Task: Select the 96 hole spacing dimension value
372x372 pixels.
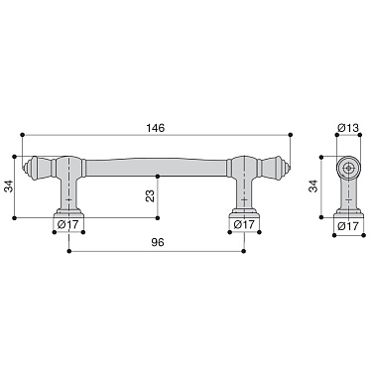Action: point(156,243)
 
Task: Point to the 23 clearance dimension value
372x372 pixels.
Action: point(150,196)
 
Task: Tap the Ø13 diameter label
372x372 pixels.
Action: point(347,128)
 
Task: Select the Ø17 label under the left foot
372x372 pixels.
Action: point(69,225)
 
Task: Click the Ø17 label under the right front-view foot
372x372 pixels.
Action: point(244,225)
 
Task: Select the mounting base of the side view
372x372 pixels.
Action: point(347,210)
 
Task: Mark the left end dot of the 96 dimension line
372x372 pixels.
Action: point(69,252)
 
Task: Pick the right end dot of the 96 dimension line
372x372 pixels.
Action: point(244,252)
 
